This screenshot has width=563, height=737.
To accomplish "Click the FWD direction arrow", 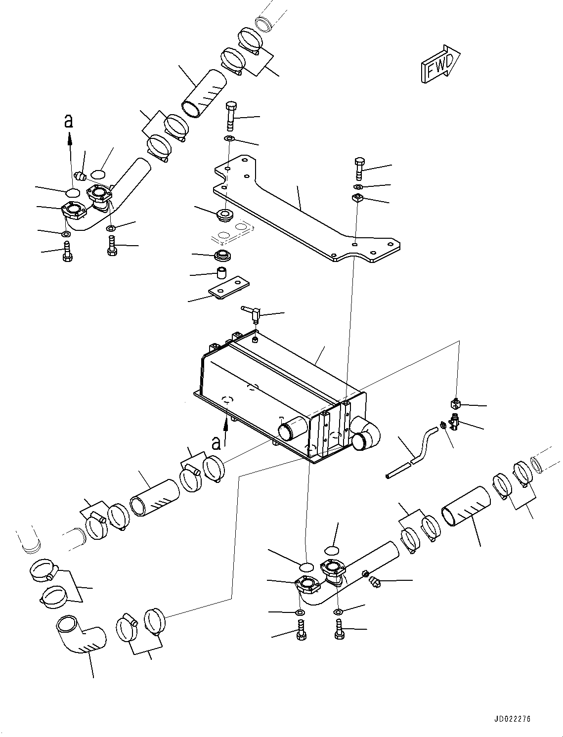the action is pos(440,64).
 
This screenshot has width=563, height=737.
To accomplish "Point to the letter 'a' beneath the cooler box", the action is pos(217,442).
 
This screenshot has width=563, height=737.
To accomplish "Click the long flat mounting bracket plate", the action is pos(307,209).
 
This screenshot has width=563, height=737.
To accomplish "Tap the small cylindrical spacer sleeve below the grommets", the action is pos(221,272).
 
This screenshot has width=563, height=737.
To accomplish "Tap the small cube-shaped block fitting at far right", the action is pos(456,404).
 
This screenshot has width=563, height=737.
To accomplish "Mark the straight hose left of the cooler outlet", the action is pos(155,498).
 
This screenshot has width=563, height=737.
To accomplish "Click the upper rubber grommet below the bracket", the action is pos(224,214).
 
